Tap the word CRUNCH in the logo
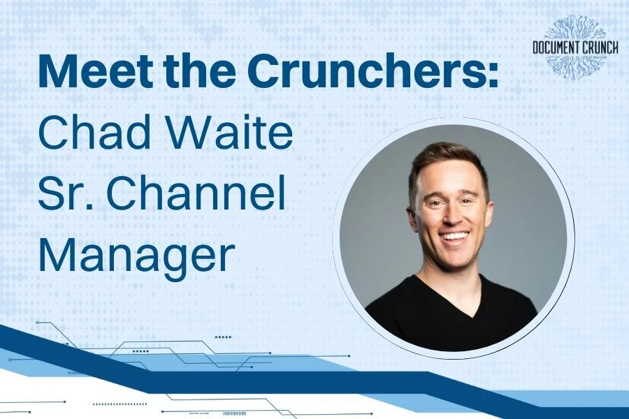[x=605, y=48]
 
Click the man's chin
[x=456, y=260]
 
